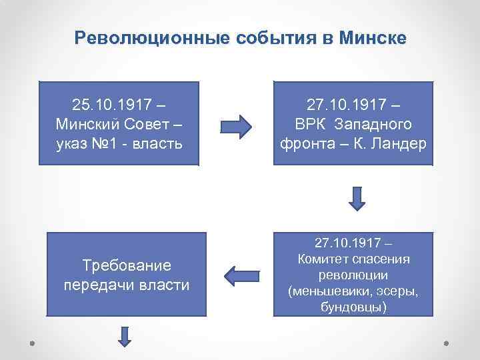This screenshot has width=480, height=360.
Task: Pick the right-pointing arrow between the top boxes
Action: pyautogui.click(x=235, y=125)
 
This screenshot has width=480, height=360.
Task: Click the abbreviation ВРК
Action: pyautogui.click(x=311, y=125)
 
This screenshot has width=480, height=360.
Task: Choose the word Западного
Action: pyautogui.click(x=373, y=125)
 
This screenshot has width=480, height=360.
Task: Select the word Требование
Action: pyautogui.click(x=127, y=265)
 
